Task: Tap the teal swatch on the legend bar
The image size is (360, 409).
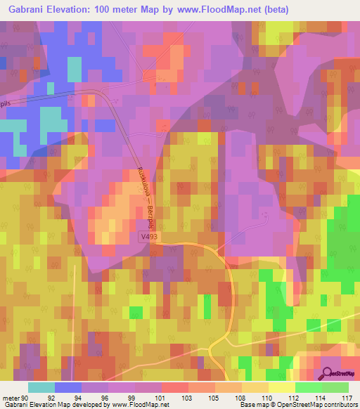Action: pos(41,387)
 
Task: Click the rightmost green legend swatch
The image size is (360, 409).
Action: pos(335,387)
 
